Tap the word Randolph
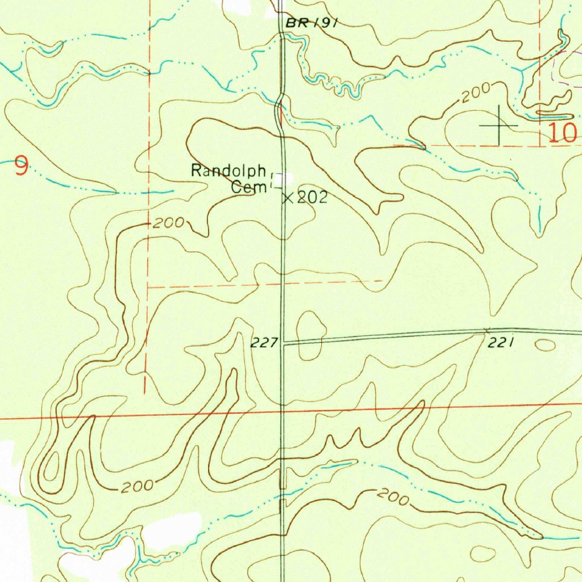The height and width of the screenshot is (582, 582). (229, 170)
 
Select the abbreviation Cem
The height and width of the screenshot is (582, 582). (245, 186)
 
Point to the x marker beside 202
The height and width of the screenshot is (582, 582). (288, 198)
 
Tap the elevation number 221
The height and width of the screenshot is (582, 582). (501, 342)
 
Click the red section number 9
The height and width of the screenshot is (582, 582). (20, 167)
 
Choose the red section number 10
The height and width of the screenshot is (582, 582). (562, 133)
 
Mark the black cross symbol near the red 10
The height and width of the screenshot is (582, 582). (499, 124)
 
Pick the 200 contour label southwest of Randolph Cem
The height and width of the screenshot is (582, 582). (168, 223)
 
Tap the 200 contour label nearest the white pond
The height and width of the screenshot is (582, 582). (136, 487)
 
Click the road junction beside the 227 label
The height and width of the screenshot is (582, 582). (283, 343)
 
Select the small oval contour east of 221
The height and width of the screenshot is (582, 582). (544, 344)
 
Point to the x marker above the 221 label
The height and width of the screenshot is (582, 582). (486, 330)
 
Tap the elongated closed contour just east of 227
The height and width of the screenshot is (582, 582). (310, 335)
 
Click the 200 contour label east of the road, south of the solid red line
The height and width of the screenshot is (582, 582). (393, 498)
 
